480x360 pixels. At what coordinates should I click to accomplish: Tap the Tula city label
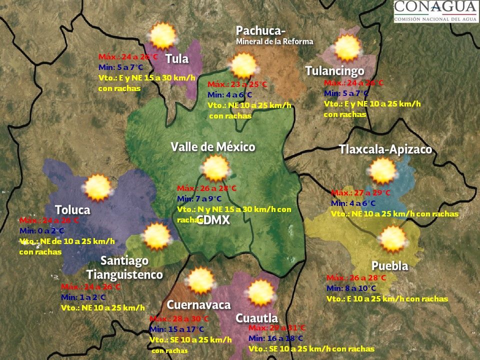[177, 59]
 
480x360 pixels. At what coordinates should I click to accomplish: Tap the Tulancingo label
[334, 71]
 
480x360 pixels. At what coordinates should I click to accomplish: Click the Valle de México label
[213, 147]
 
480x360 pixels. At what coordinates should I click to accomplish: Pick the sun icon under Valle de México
[216, 168]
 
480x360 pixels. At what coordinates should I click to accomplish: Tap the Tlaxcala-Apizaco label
[385, 149]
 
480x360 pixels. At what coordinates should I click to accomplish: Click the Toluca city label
[72, 209]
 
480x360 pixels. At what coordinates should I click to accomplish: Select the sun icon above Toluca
[97, 187]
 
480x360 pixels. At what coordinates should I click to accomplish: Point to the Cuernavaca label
[198, 305]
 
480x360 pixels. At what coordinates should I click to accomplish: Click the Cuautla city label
[256, 318]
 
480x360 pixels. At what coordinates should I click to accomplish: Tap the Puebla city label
[389, 266]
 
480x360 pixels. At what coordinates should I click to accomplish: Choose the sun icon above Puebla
[392, 239]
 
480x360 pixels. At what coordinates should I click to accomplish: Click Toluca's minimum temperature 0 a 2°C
[42, 231]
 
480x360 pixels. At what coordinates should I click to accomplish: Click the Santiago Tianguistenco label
[124, 267]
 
